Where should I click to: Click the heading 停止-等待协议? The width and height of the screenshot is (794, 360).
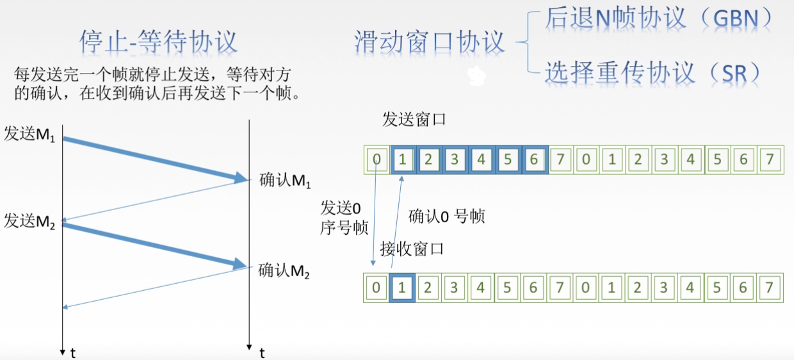158,42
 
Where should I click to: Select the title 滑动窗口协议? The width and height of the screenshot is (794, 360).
430,42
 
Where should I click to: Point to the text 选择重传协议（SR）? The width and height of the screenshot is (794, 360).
653,72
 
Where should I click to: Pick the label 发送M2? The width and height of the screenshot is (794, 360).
30,222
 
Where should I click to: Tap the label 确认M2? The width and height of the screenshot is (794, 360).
284,271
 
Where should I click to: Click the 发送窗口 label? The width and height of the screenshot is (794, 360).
413,120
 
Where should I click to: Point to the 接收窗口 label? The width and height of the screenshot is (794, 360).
412,249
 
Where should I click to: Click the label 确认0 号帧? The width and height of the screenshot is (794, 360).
447,217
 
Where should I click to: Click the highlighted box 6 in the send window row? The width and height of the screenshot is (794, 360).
534,160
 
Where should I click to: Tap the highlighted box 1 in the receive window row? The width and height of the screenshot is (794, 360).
402,288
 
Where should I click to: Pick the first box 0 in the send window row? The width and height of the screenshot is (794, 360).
377,160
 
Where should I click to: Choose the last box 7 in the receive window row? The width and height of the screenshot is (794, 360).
769,288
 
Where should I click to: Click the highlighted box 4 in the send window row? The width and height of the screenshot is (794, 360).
481,160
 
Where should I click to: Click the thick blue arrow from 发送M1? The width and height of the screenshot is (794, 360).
154,158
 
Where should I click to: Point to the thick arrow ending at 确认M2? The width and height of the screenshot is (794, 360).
154,244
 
